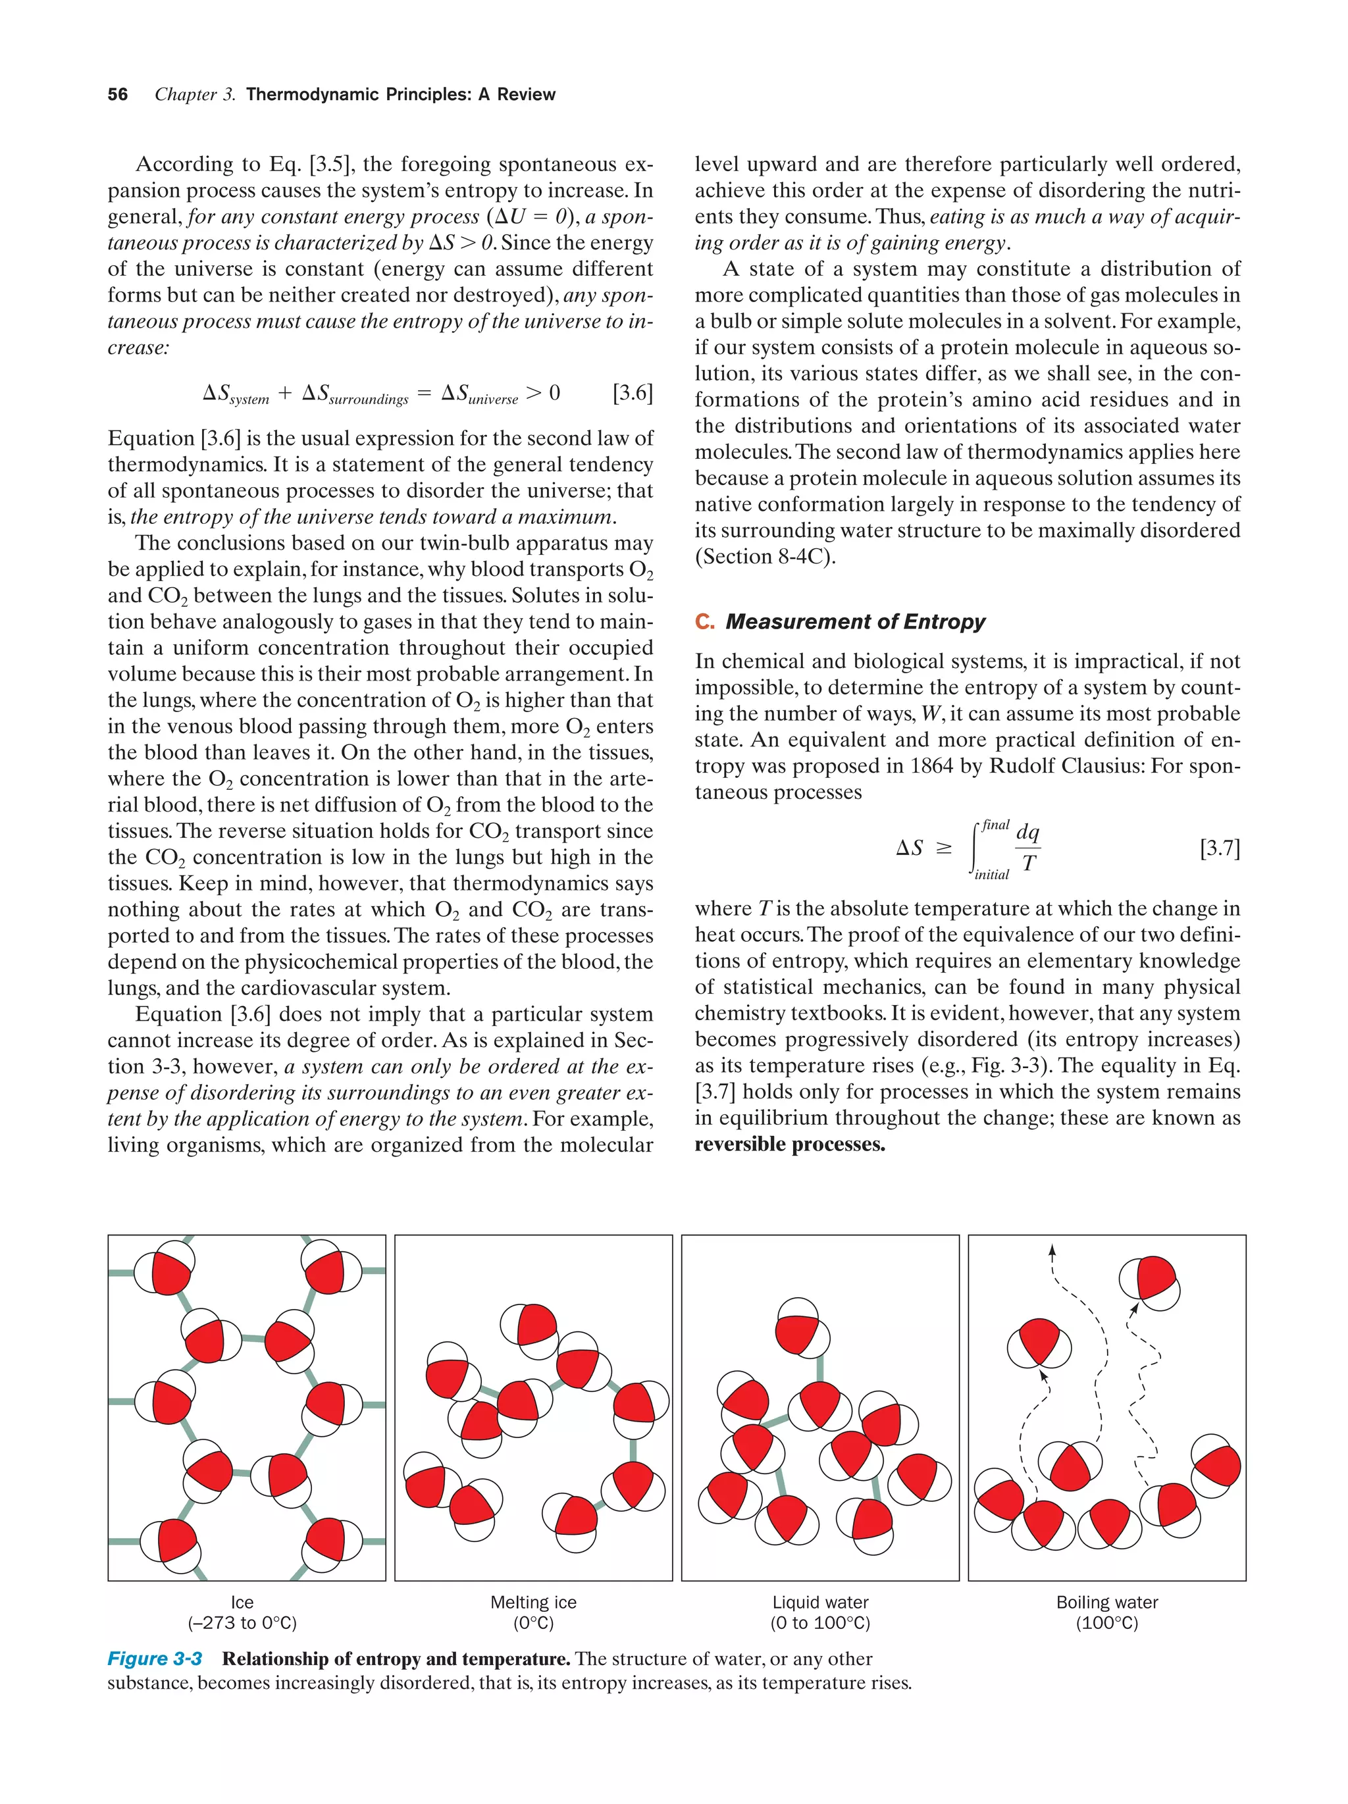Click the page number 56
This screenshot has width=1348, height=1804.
tap(117, 95)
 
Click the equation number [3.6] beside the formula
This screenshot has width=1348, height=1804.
tap(632, 393)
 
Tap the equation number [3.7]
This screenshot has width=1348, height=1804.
tap(1219, 848)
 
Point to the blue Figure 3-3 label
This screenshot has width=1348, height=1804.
tap(155, 1659)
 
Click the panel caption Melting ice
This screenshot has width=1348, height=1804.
tap(533, 1603)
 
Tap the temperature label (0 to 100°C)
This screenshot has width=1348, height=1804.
tap(819, 1623)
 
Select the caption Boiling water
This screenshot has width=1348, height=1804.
tap(1106, 1603)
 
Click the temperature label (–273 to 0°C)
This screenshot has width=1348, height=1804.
tap(242, 1623)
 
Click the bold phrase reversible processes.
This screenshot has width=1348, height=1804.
tap(789, 1145)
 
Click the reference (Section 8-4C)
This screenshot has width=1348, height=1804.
tap(765, 556)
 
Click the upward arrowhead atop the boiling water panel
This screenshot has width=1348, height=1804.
tap(1052, 1250)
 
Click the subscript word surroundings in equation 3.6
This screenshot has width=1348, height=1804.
tap(368, 399)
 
